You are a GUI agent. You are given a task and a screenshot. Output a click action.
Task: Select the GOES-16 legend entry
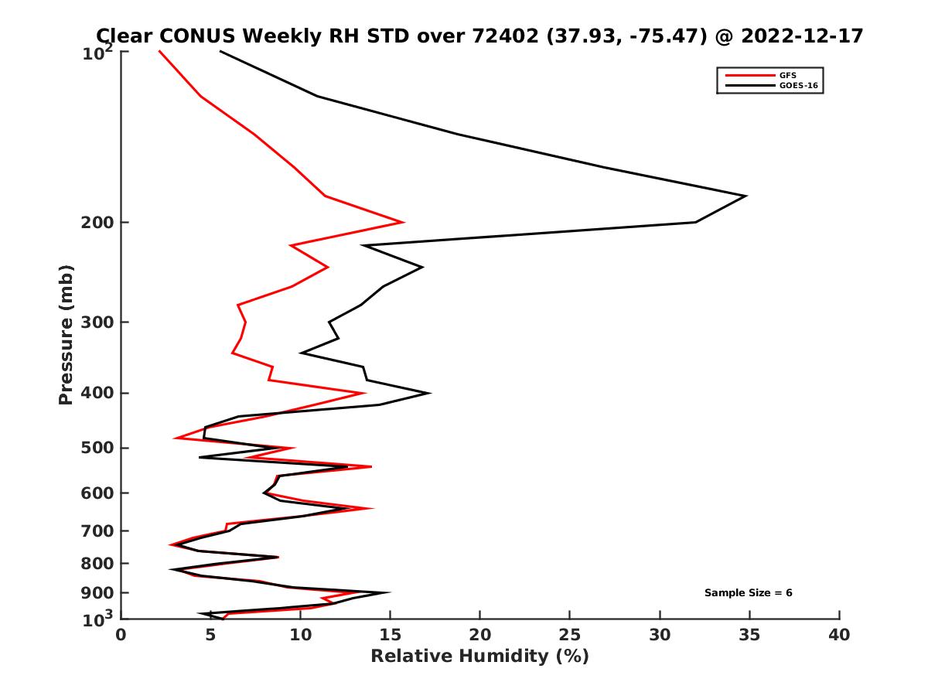tap(798, 86)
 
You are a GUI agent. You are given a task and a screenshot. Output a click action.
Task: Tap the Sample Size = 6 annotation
tap(748, 592)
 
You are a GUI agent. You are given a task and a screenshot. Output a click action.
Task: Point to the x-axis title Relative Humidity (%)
tap(479, 657)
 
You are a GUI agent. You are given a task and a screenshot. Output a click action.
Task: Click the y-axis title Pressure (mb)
tap(66, 334)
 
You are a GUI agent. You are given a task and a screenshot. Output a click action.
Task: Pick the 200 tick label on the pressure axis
tap(94, 223)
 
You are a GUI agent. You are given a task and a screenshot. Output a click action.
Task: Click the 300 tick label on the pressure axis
tap(94, 322)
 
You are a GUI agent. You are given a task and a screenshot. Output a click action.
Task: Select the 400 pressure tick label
tap(94, 393)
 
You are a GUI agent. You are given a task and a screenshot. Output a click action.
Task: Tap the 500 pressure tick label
tap(94, 448)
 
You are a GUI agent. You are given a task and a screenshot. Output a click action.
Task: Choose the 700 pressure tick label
tap(94, 531)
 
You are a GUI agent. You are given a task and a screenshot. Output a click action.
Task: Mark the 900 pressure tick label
tap(94, 592)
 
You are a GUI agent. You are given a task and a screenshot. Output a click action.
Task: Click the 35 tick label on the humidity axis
tap(749, 635)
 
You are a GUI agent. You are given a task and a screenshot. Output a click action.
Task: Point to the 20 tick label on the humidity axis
tap(480, 635)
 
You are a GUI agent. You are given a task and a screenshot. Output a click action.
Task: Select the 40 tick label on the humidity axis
tap(839, 635)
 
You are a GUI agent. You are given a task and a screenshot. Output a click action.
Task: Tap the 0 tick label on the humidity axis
tap(121, 635)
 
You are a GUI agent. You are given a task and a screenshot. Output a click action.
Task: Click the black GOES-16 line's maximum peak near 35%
tap(745, 196)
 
